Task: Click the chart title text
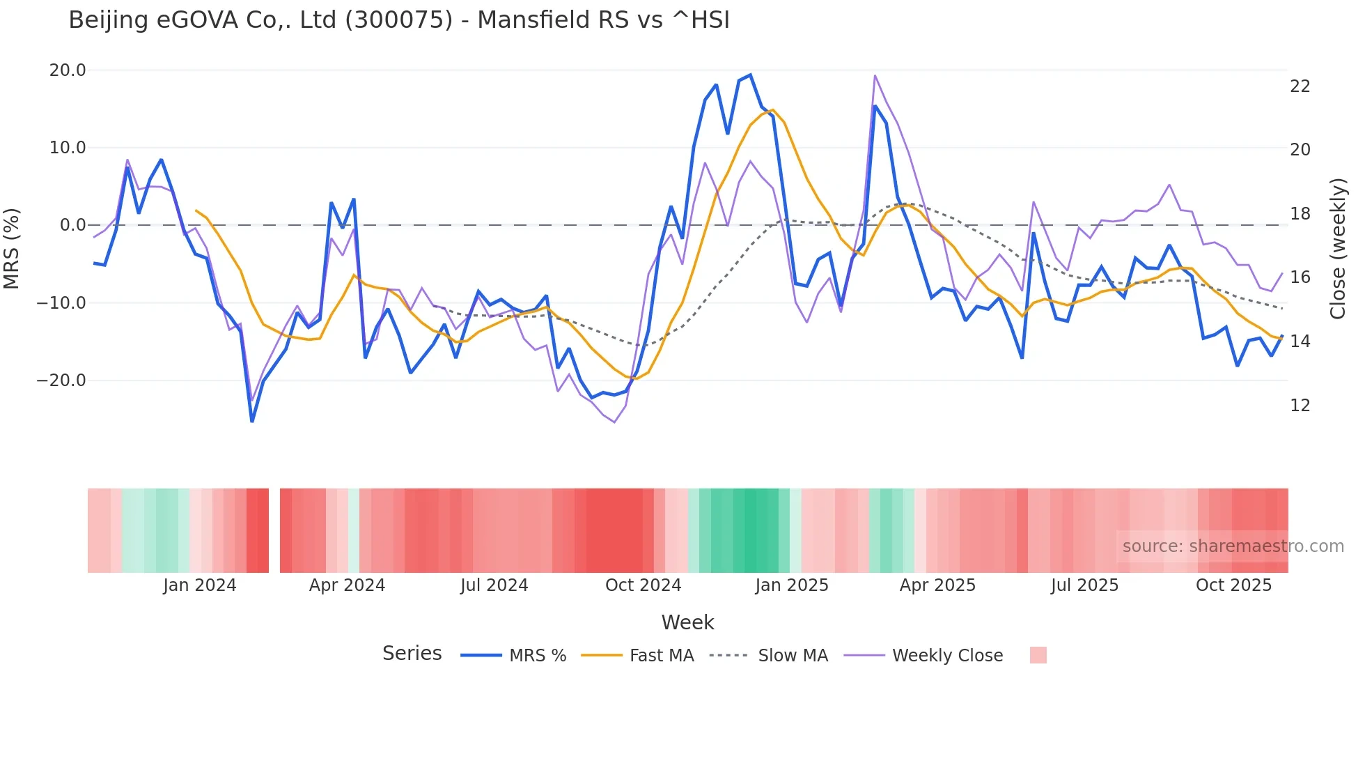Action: click(x=399, y=20)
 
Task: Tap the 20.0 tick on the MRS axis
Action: click(x=68, y=70)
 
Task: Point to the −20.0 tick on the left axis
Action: click(x=61, y=381)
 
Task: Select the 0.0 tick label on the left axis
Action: click(x=72, y=225)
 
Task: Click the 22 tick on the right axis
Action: click(x=1300, y=86)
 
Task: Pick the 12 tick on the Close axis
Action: click(x=1300, y=406)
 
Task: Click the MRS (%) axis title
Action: click(x=12, y=249)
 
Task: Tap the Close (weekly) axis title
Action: click(x=1337, y=249)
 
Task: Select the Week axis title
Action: click(x=687, y=622)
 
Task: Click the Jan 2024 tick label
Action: click(x=200, y=585)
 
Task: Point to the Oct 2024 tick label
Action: click(x=643, y=585)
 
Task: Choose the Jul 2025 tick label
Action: click(x=1084, y=585)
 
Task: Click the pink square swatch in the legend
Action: click(x=1038, y=655)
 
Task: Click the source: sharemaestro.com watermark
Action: click(x=1233, y=546)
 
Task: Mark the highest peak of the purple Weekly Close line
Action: click(x=875, y=75)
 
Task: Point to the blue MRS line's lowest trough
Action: click(x=252, y=421)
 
